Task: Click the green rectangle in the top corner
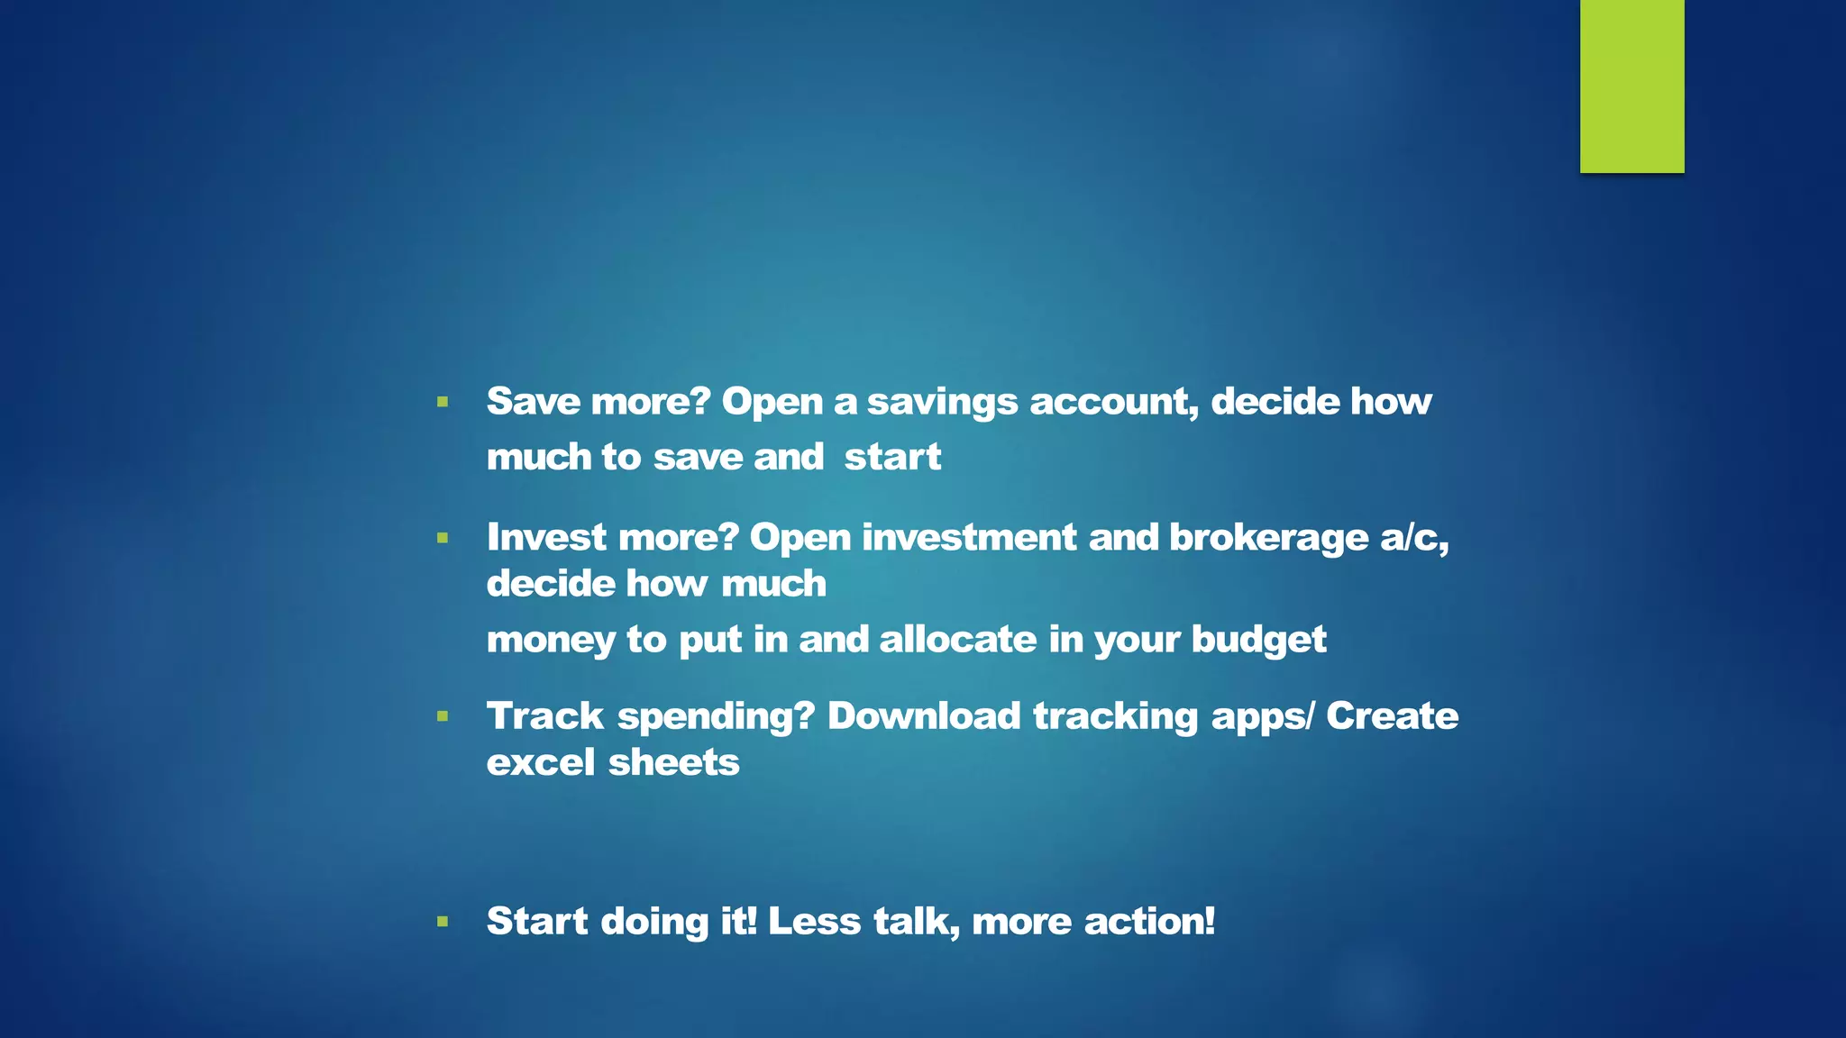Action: [x=1631, y=86]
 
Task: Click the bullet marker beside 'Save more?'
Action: [x=443, y=402]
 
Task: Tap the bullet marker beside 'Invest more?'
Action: [x=443, y=538]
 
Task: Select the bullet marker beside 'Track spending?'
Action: [x=443, y=717]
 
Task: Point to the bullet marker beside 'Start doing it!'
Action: [x=443, y=922]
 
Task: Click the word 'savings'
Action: [x=942, y=403]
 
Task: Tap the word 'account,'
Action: [x=1114, y=402]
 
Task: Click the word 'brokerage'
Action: [x=1268, y=538]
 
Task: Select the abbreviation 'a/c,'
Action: [x=1414, y=538]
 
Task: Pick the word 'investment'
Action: [x=969, y=538]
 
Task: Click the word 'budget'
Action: [x=1258, y=641]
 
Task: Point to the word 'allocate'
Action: [x=957, y=640]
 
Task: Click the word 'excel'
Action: [x=541, y=763]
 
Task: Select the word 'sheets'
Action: [x=673, y=763]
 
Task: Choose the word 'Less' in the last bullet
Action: [x=814, y=922]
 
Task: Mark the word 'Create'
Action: [x=1392, y=716]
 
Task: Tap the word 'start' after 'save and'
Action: [x=892, y=458]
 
